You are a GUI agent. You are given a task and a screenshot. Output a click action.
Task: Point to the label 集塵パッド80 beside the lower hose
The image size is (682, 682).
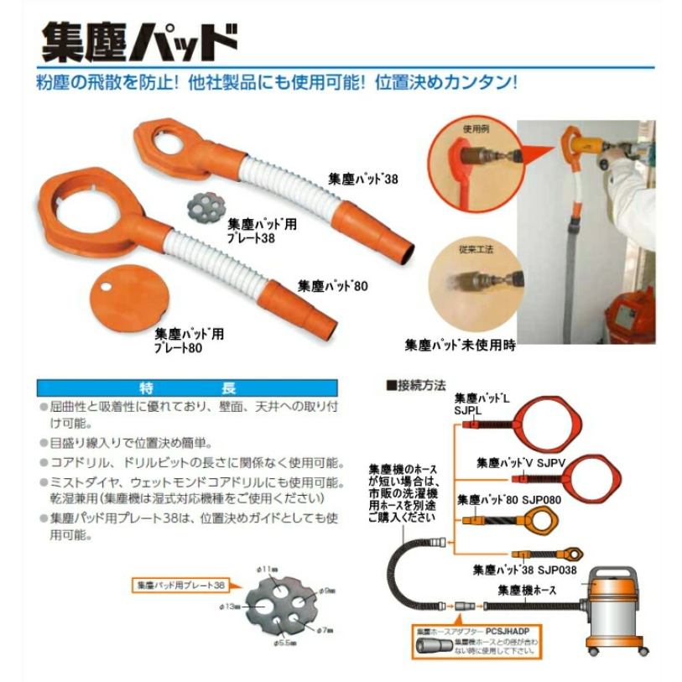pos(332,286)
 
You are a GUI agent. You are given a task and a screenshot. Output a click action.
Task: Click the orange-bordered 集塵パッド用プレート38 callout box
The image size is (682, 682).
pos(180,585)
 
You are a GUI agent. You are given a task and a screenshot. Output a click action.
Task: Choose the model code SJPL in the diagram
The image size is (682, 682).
pos(467,411)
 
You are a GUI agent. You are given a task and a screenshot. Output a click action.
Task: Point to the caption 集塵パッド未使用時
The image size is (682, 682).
pos(460,344)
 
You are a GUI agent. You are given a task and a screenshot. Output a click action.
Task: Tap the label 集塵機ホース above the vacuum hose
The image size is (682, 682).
pos(527,589)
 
